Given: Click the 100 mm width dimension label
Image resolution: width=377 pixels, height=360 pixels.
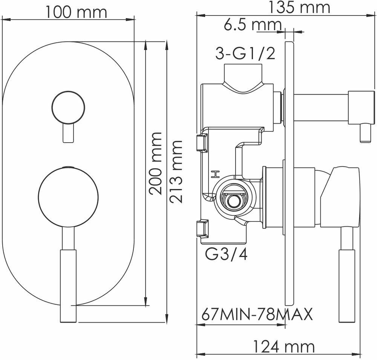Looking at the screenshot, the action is pos(76,12).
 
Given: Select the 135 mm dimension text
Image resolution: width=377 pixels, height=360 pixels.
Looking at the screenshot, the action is pos(299,8).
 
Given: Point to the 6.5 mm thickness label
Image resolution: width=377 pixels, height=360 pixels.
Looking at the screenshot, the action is pos(253,25).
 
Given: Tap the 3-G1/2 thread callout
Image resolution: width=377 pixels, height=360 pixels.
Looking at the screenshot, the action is pos(245,54).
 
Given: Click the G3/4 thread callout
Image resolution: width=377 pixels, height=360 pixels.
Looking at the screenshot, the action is pos(226,254).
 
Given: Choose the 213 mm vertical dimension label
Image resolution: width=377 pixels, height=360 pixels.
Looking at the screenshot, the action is pos(176,172).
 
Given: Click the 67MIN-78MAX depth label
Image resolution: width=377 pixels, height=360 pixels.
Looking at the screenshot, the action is pos(257,314).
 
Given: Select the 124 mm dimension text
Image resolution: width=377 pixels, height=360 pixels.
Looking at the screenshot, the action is pos(284,347).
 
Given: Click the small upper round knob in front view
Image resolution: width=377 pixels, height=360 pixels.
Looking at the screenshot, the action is pos(68,107).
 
